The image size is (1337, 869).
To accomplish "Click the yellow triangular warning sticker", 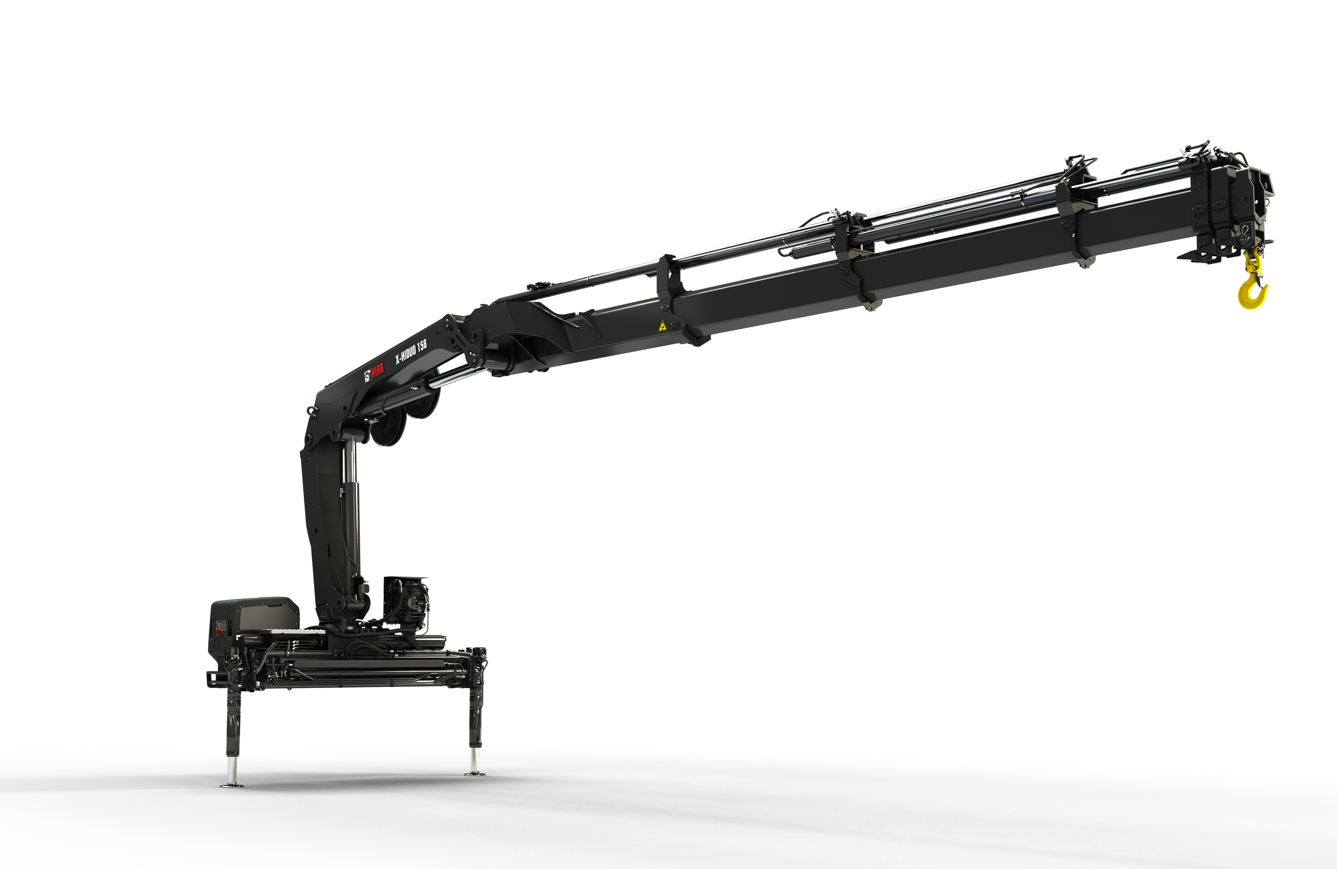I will coord(662,326).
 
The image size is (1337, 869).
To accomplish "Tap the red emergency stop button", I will coord(218,632).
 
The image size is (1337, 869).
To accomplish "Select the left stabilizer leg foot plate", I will coord(231,784).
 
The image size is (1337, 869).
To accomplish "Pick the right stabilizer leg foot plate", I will coord(475,773).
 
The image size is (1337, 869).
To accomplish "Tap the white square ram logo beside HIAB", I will coord(368,375).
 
